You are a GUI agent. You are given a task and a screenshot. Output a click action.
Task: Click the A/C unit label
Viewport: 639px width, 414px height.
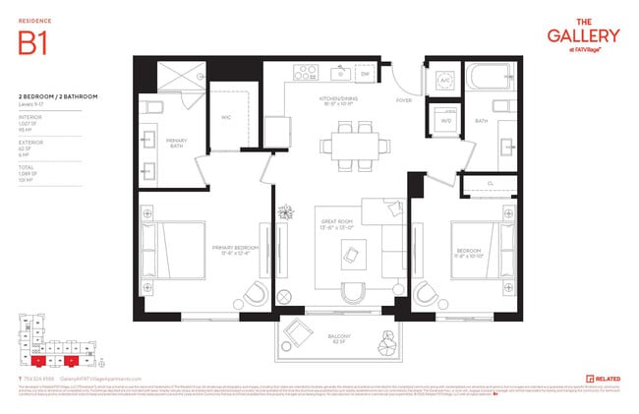444,81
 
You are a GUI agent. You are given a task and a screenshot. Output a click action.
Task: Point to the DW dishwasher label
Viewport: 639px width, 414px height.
364,74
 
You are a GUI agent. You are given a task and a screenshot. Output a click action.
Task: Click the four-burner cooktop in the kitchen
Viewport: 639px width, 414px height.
301,72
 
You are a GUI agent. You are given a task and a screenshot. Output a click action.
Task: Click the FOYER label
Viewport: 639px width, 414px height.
403,99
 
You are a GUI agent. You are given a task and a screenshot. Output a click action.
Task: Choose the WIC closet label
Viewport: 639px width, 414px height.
225,117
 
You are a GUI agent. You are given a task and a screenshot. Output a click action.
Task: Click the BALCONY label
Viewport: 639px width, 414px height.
340,337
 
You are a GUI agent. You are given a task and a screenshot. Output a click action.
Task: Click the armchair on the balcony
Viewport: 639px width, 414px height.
294,334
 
